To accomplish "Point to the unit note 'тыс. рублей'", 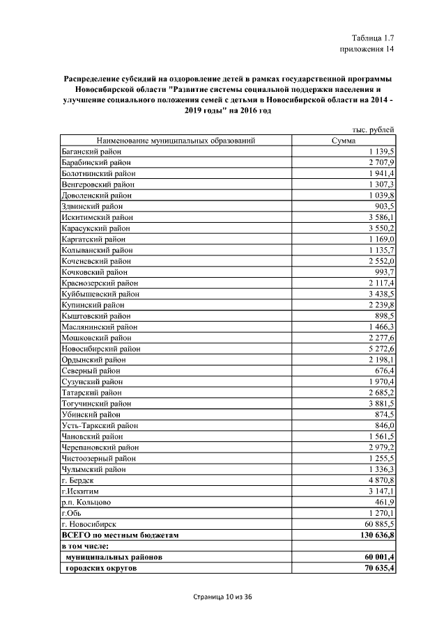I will click(x=371, y=129).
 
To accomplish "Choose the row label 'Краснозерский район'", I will click(x=100, y=283).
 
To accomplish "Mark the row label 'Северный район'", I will click(x=91, y=370).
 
